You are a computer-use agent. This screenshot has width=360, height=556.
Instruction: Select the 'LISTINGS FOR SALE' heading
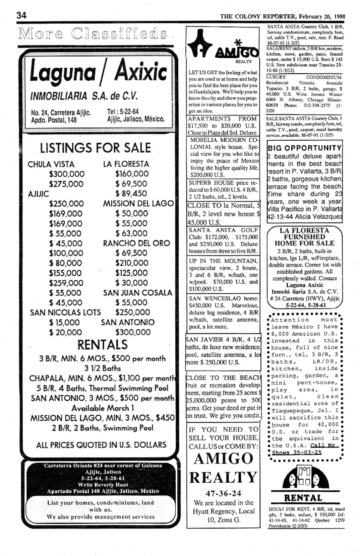[96, 148]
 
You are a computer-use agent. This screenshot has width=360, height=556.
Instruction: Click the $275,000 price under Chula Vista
[66, 184]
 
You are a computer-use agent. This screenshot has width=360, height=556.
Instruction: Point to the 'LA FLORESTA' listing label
[126, 164]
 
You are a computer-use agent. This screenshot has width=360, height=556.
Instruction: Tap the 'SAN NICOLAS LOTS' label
[65, 312]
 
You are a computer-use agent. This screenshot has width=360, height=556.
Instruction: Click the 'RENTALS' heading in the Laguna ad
[103, 345]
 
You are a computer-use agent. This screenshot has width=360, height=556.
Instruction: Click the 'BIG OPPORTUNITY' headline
[304, 148]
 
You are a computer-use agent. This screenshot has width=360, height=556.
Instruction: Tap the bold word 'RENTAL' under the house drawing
[303, 498]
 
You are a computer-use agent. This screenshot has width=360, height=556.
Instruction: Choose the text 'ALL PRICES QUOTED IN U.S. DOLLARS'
[101, 445]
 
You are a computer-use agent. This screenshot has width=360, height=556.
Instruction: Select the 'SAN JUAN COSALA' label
[137, 293]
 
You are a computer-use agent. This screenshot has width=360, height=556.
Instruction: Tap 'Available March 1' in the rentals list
[103, 408]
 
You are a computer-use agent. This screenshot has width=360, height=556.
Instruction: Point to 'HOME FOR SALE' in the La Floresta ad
[304, 243]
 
